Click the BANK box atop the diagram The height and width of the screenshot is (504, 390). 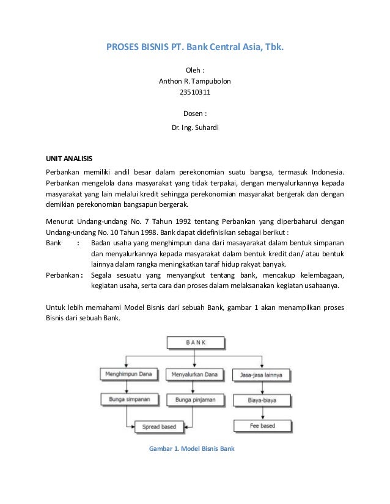tap(195, 343)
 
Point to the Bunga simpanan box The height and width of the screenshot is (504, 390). tap(127, 400)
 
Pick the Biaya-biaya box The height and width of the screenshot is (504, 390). tap(261, 401)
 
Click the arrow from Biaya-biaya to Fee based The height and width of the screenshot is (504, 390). tap(261, 413)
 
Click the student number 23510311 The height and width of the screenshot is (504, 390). tap(195, 92)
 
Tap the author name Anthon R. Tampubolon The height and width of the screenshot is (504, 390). tap(195, 81)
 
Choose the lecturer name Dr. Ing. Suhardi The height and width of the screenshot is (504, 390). tap(195, 128)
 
